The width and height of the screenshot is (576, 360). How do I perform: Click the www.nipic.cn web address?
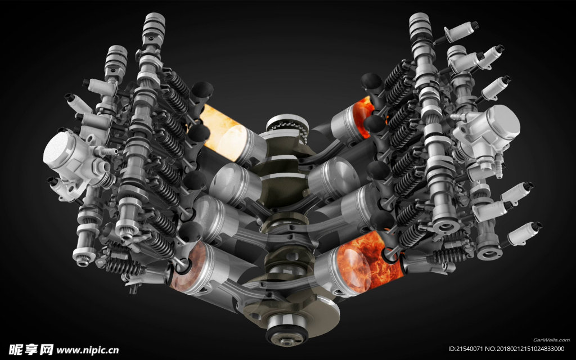tap(87, 350)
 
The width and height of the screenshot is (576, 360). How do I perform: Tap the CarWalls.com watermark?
tap(551, 340)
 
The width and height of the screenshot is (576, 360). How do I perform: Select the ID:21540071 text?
tap(466, 349)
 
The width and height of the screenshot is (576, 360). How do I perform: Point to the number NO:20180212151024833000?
tap(525, 349)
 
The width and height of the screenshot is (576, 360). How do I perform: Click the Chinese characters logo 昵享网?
tap(31, 349)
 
